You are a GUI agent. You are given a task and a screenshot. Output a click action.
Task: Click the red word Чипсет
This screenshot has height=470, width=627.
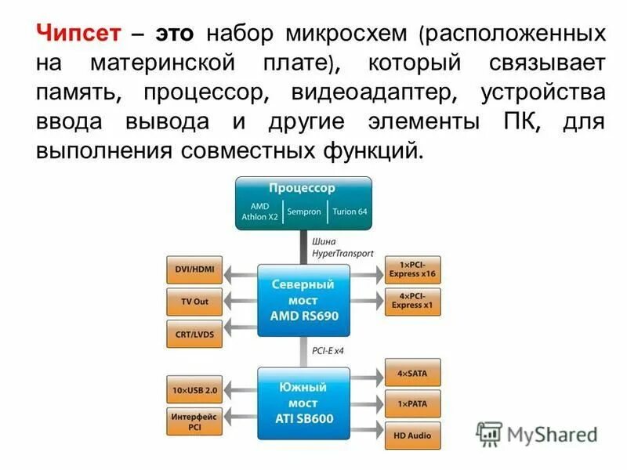coord(78,34)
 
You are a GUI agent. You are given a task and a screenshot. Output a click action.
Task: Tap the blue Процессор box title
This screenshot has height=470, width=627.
coord(303,189)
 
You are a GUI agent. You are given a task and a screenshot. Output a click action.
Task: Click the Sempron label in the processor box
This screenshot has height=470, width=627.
coord(303,211)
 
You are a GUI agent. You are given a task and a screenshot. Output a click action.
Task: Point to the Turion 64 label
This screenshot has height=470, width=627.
coord(349,211)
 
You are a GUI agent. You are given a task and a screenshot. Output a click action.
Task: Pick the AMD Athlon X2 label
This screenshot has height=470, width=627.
coord(259,212)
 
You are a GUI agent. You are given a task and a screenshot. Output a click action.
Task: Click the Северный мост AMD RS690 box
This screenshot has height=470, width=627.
coord(303,300)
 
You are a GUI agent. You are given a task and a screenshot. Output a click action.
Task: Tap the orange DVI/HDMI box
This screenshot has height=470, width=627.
coord(194,272)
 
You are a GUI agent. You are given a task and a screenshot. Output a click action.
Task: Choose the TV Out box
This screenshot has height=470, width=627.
coord(194,301)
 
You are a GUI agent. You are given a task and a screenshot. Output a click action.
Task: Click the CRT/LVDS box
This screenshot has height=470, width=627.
coord(194,333)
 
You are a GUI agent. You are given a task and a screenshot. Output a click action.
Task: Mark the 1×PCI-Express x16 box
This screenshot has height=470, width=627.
coord(412,270)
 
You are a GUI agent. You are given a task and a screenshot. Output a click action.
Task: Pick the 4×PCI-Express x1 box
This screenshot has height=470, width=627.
coord(412,301)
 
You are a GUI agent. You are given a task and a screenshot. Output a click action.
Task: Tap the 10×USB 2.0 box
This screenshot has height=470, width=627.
coord(194,389)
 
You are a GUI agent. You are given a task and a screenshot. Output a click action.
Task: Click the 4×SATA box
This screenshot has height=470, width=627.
coord(412,373)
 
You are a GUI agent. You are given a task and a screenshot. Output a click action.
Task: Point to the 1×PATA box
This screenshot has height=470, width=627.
coord(412,404)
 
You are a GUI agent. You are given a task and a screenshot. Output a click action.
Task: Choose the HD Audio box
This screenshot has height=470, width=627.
coord(412,436)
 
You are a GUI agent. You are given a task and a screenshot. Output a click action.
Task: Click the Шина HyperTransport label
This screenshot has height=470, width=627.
coord(342,248)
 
